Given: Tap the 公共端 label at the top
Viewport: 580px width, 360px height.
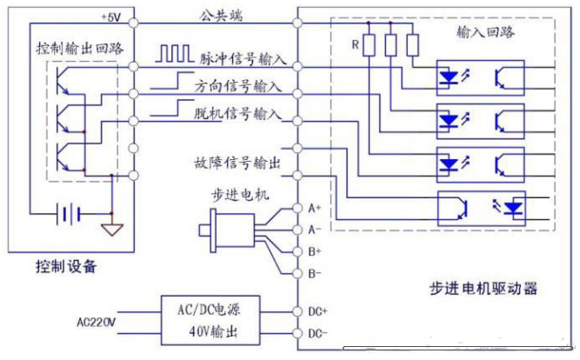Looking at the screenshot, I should (223, 15).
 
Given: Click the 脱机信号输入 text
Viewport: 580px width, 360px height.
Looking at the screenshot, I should (242, 112).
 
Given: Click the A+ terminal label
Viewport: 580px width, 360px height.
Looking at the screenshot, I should (314, 209).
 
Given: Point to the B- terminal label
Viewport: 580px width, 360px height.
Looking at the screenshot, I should (314, 273).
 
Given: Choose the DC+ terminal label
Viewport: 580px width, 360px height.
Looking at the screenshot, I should (317, 310).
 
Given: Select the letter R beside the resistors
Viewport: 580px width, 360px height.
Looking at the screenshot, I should (355, 43).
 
